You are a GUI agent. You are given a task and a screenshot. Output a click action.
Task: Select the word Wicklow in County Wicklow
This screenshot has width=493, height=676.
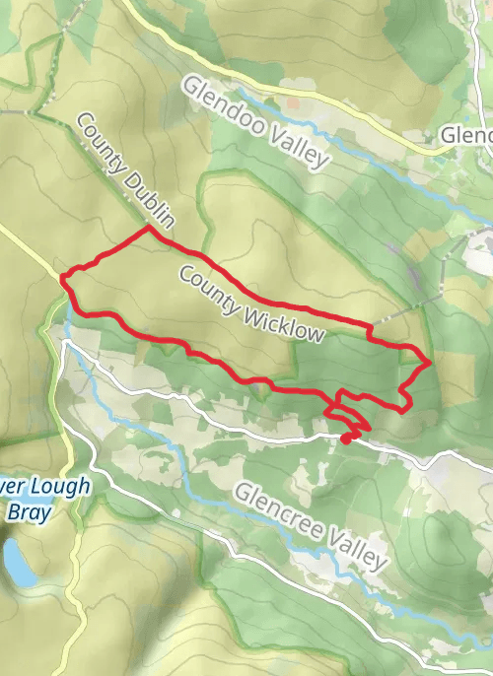(x=280, y=316)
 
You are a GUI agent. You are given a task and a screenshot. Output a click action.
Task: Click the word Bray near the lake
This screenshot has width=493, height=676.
(x=32, y=510)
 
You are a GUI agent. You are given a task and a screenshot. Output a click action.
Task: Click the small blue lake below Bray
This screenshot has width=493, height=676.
(x=17, y=563)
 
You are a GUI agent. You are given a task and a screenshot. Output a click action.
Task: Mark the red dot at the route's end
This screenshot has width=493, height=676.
(x=346, y=439)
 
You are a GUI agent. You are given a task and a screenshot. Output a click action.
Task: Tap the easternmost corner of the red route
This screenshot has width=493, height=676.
(x=430, y=362)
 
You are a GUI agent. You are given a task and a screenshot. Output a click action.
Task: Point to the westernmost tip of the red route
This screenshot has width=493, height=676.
(x=63, y=279)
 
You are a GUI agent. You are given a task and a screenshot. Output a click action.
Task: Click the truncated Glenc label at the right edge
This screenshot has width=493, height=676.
(x=465, y=134)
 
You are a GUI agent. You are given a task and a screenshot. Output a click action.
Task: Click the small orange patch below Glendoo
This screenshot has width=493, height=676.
(x=294, y=101)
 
